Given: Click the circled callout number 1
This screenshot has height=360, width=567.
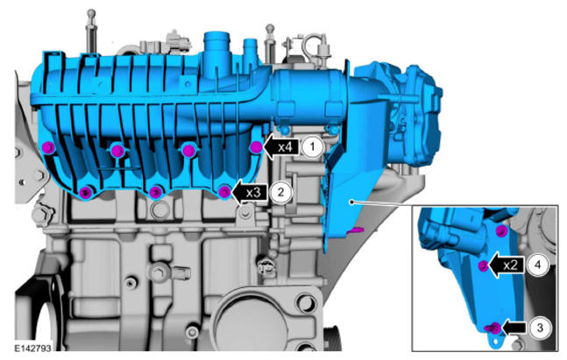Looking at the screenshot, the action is click(312, 147).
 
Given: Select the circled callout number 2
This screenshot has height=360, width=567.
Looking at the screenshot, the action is click(281, 192).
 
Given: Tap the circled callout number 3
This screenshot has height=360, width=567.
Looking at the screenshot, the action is click(540, 328).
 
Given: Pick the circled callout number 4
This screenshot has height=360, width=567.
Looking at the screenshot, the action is click(537, 265).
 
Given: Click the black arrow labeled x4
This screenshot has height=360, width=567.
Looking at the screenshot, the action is click(282, 147).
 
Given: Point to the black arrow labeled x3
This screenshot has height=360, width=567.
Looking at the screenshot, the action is click(251, 193).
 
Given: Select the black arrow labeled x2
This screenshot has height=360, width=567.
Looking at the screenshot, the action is click(507, 265).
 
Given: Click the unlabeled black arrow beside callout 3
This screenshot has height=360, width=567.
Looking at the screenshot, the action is click(514, 328).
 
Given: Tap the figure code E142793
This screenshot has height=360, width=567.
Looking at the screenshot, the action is click(32, 349).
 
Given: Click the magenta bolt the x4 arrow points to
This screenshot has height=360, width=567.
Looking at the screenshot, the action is click(256, 147).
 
